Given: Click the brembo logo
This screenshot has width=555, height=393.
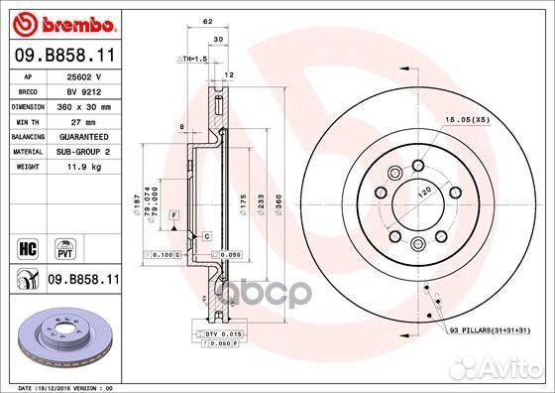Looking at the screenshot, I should tap(61, 22).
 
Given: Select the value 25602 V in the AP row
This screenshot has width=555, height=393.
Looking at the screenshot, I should tap(84, 75).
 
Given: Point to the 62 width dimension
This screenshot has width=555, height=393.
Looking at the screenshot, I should tap(206, 20).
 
